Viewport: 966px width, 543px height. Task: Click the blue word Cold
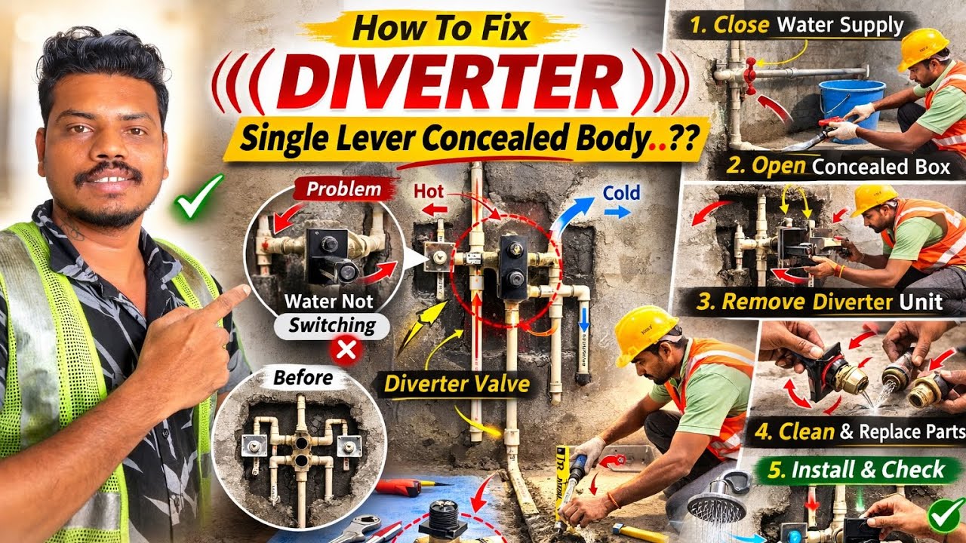(620, 194)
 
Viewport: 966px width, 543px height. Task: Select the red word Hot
(428, 192)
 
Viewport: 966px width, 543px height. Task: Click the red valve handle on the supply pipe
(750, 78)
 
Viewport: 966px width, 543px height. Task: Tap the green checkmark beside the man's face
(197, 197)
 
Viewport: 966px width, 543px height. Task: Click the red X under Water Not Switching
(346, 351)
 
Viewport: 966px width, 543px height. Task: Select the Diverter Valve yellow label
(457, 383)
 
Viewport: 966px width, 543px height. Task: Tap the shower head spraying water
(716, 505)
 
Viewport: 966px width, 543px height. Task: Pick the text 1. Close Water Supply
(796, 25)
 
